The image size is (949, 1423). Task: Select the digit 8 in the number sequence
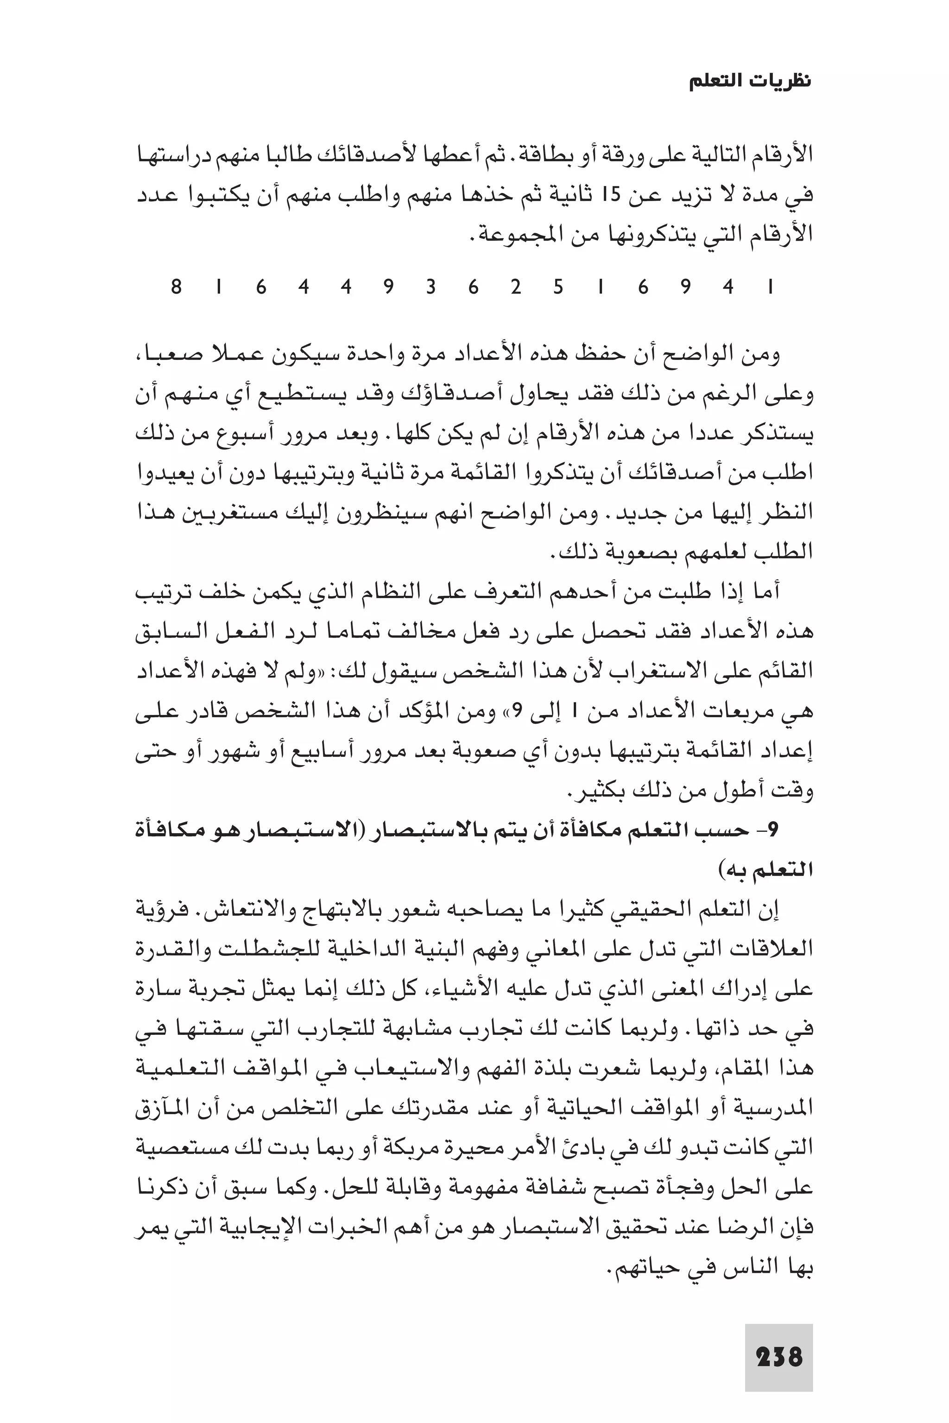(x=176, y=287)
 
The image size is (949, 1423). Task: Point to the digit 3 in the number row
(x=431, y=287)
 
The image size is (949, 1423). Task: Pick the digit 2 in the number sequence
(x=516, y=287)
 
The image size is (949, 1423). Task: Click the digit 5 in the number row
(x=558, y=287)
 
